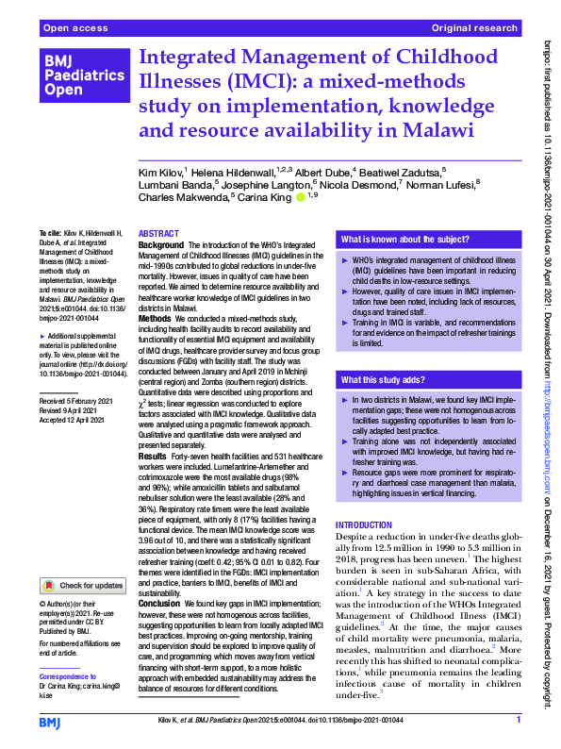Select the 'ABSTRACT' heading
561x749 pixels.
[159, 233]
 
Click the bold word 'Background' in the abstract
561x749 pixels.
[161, 244]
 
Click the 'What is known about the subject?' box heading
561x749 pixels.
[404, 241]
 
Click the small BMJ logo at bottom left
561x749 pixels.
[50, 722]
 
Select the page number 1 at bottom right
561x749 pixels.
[519, 721]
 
